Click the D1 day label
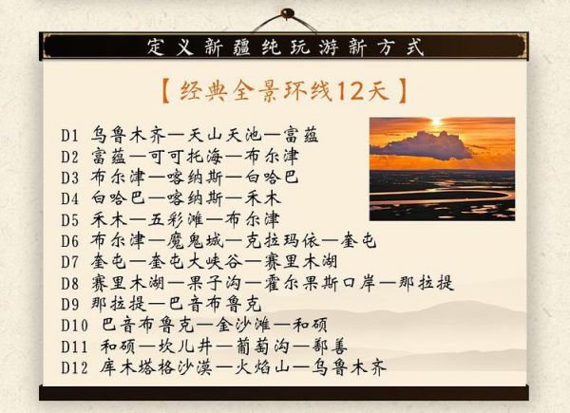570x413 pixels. pyautogui.click(x=69, y=136)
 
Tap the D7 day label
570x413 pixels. pyautogui.click(x=69, y=262)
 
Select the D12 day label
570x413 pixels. pyautogui.click(x=74, y=368)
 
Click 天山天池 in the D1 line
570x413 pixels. pyautogui.click(x=224, y=135)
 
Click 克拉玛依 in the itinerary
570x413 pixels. pyautogui.click(x=282, y=241)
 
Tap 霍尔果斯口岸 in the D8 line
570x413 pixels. pyautogui.click(x=319, y=283)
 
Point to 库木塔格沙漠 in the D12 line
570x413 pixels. pyautogui.click(x=156, y=367)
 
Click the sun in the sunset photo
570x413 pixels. pyautogui.click(x=436, y=122)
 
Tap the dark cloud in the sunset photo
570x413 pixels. pyautogui.click(x=424, y=145)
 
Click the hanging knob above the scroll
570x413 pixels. pyautogui.click(x=287, y=13)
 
